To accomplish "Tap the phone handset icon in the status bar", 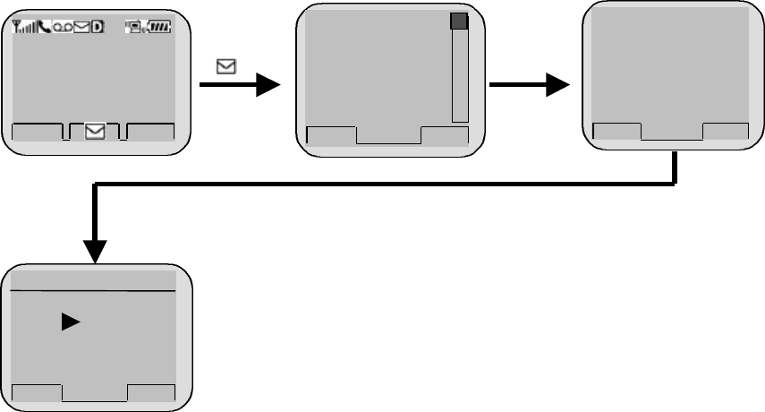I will pos(44,28).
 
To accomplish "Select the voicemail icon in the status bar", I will pos(63,28).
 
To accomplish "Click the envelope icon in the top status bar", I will pos(81,28).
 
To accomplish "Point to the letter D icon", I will pos(98,28).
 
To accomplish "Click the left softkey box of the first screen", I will pos(38,132).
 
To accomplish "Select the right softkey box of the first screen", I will pos(150,132).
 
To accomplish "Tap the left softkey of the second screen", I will pos(331,135).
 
